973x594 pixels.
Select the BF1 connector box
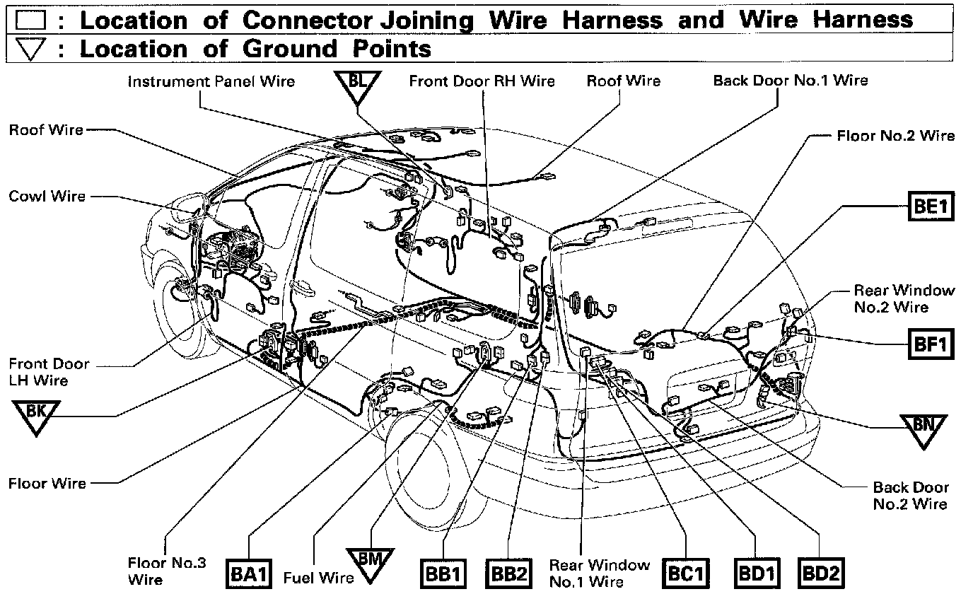pos(931,346)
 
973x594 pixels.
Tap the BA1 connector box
pos(249,574)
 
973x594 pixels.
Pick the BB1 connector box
pos(443,574)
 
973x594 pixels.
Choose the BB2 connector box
pos(508,574)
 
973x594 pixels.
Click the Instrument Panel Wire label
pos(211,81)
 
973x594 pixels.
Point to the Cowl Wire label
pos(47,196)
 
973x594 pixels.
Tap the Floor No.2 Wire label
pos(895,135)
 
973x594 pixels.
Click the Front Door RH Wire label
pos(482,81)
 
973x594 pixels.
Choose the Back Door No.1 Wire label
pos(790,80)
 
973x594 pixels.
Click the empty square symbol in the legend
pos(30,19)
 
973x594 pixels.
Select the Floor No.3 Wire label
pos(166,571)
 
